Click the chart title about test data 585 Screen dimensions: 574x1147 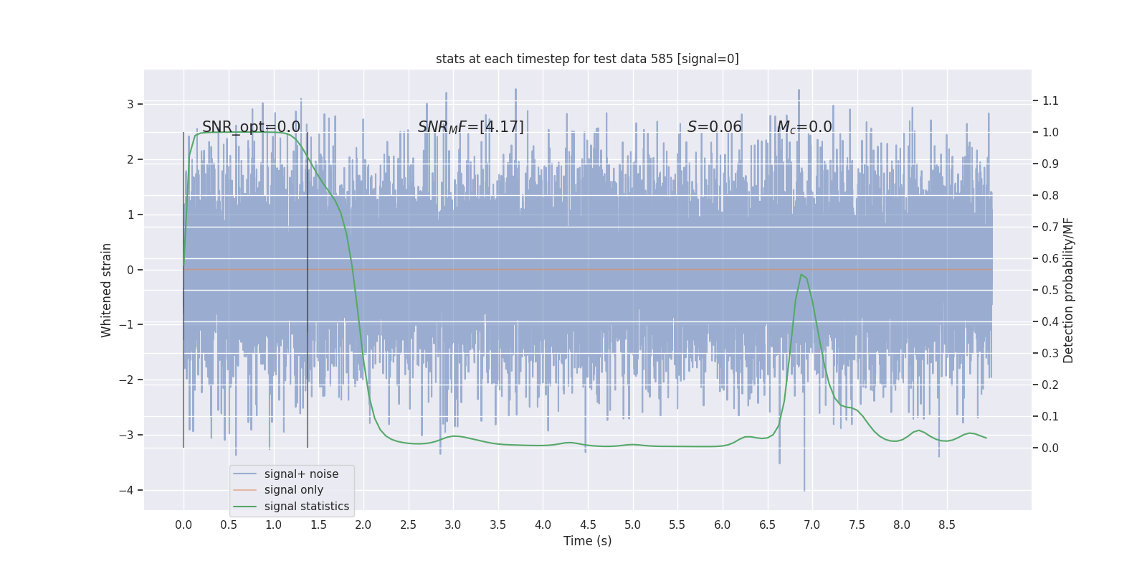pos(587,59)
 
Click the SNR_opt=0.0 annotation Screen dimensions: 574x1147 pos(251,127)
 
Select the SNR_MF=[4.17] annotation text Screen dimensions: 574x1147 pos(471,127)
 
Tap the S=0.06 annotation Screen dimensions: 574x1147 pos(714,127)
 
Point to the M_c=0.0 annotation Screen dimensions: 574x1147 pos(804,127)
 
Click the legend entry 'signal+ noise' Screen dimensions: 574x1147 pos(301,474)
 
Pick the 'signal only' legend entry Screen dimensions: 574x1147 pos(293,489)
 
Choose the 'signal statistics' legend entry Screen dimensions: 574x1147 pos(306,506)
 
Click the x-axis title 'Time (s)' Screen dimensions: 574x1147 pos(587,540)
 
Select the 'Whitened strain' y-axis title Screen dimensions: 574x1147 pos(107,290)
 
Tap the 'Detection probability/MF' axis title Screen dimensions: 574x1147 pos(1068,290)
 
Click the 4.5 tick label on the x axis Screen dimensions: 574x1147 pos(588,524)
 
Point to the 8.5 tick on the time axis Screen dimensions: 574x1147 pos(947,524)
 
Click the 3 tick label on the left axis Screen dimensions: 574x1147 pos(130,104)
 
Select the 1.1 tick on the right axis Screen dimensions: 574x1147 pos(1050,100)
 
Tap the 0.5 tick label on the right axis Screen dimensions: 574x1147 pos(1050,290)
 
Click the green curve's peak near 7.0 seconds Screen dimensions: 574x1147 pos(801,275)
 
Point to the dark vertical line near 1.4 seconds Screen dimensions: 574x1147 pos(308,287)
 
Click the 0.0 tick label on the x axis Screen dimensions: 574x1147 pos(184,524)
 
